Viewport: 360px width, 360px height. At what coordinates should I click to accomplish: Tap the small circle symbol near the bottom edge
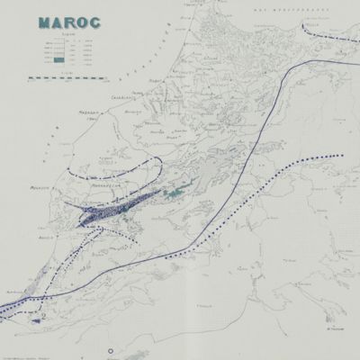click(111, 348)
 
